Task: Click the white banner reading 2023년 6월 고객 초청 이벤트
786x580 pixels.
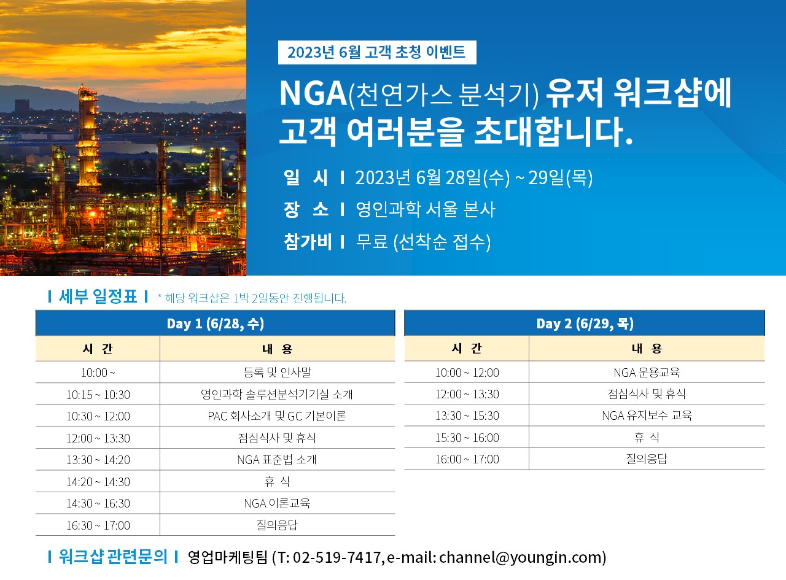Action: point(377,52)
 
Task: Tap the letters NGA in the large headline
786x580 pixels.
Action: point(313,93)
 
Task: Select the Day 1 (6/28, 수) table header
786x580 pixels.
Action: point(216,323)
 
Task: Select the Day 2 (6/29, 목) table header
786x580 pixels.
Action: point(585,323)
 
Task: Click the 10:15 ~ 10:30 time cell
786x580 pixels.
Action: point(98,395)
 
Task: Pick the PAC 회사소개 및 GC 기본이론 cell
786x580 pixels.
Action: point(277,416)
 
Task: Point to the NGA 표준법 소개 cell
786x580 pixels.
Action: point(277,460)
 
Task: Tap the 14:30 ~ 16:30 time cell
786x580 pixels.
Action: point(98,503)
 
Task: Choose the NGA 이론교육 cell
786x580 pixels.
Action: point(277,503)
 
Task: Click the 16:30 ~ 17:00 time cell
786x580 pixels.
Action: point(98,525)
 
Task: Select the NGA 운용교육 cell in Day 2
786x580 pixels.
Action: point(647,373)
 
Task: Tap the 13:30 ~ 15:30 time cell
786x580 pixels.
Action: point(467,416)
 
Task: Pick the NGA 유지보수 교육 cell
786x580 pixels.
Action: point(647,416)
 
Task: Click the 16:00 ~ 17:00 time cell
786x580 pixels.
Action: point(467,459)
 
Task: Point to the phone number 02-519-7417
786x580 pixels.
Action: point(337,557)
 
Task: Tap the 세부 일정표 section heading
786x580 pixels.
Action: point(98,296)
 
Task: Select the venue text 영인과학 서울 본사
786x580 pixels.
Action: point(425,209)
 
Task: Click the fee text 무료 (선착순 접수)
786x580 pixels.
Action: point(423,242)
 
